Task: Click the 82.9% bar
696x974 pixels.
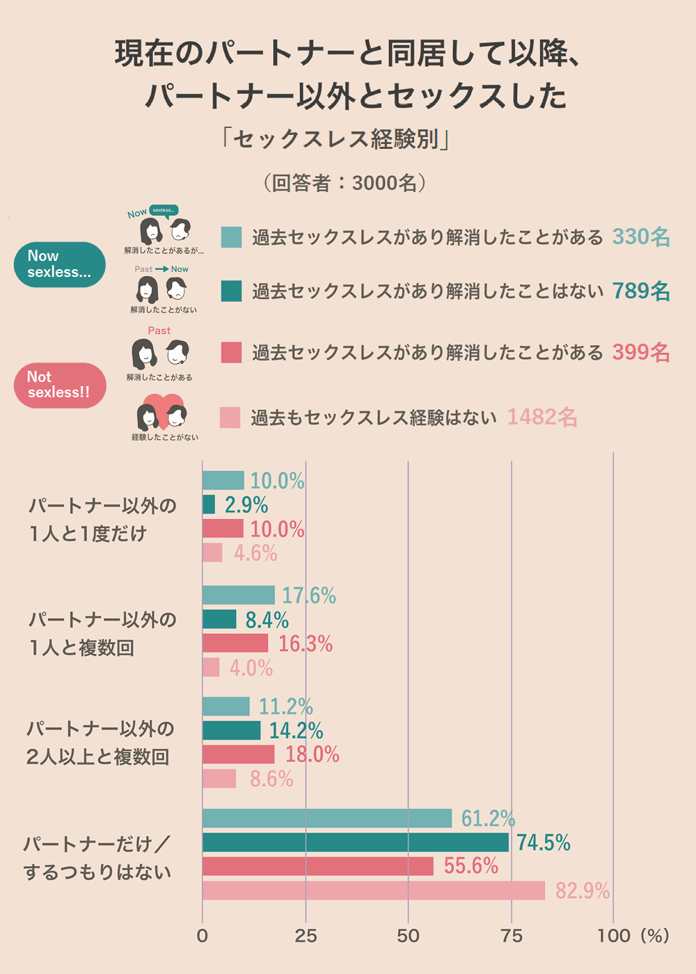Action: (x=374, y=891)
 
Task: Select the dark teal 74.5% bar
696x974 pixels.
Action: (x=356, y=843)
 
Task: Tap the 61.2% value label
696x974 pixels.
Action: (x=488, y=819)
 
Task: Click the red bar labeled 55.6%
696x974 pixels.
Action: (x=318, y=866)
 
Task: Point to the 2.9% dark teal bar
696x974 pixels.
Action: (x=209, y=504)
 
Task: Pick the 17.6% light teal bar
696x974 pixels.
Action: (x=239, y=595)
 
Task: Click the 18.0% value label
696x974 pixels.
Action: (x=312, y=754)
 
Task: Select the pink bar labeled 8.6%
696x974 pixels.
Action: (x=219, y=779)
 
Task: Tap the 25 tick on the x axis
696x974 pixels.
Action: (x=306, y=936)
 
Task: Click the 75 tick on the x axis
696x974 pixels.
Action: (x=512, y=936)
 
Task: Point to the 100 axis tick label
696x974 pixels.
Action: (x=614, y=936)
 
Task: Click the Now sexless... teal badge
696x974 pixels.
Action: (x=60, y=264)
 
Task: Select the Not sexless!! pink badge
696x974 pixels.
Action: (x=60, y=385)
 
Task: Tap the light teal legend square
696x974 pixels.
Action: (x=231, y=237)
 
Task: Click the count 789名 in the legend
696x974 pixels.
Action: (x=641, y=291)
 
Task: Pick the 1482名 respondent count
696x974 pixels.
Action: (x=542, y=417)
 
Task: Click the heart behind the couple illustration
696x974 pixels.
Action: (x=163, y=404)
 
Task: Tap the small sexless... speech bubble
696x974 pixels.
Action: (x=164, y=210)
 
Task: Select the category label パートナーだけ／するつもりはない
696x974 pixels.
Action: (x=97, y=858)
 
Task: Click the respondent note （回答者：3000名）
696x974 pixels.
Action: (x=345, y=183)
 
